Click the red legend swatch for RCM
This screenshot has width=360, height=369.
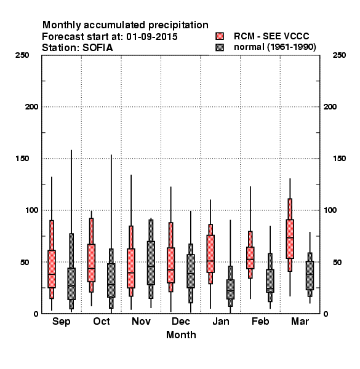[220, 36]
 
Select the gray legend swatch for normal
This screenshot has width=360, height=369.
[220, 47]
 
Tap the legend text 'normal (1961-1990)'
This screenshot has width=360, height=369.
[274, 47]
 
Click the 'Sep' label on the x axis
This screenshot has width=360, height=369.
[61, 322]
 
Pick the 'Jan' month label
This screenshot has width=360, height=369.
[220, 321]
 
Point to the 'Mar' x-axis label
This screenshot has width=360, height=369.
[300, 321]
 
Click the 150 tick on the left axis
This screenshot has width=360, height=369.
[22, 159]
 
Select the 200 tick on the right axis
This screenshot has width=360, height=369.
[330, 106]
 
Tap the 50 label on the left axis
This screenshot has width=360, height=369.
[25, 262]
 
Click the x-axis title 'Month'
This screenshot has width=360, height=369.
[181, 335]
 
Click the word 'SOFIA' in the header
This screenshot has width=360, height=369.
[98, 48]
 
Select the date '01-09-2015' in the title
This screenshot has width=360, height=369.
[152, 37]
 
